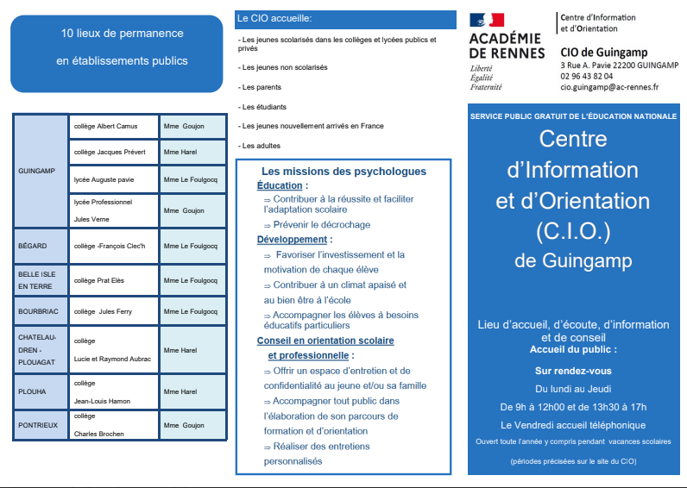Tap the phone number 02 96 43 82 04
coord(586,76)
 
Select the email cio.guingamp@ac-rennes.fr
coord(608,87)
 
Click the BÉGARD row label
coord(33,247)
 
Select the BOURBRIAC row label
coord(38,311)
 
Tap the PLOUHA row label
coord(32,391)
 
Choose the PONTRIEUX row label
coord(37,425)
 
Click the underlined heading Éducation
coord(280,185)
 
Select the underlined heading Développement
coord(291,240)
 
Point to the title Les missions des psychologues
coord(343,172)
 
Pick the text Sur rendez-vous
coord(573,370)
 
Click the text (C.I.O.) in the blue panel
coord(573,231)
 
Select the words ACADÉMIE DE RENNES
coord(507,46)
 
